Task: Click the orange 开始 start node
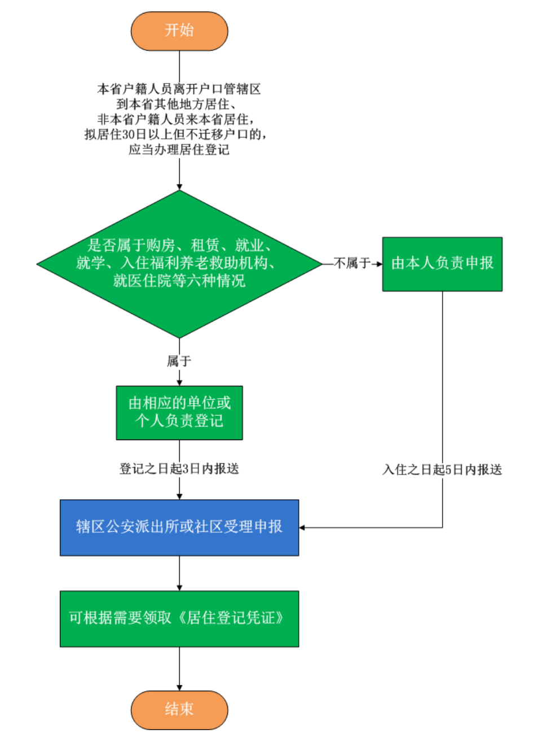[179, 30]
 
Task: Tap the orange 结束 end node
[179, 709]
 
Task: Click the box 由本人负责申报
[442, 263]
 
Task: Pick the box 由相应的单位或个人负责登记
[179, 412]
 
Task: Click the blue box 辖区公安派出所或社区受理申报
[179, 527]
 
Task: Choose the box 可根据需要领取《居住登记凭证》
[179, 618]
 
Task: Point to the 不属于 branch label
[352, 263]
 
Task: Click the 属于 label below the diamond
[179, 361]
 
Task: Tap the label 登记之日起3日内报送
[179, 469]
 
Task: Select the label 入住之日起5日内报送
[442, 470]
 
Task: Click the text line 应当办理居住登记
[179, 150]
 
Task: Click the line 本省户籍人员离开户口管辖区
[179, 89]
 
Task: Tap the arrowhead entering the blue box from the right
[302, 528]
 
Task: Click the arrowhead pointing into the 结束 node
[179, 687]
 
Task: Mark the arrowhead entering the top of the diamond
[179, 187]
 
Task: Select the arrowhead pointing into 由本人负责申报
[379, 263]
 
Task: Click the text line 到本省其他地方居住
[176, 104]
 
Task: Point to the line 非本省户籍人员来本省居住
[176, 120]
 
